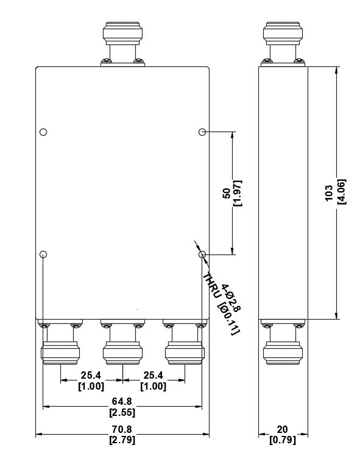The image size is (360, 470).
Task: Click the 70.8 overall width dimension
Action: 122,429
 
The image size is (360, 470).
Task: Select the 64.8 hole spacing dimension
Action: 122,401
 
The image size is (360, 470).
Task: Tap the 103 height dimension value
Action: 329,193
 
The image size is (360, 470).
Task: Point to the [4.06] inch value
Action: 341,192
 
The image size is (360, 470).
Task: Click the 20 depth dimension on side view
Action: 282,429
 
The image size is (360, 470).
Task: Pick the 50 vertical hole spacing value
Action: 227,194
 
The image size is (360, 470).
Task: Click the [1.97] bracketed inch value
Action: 238,193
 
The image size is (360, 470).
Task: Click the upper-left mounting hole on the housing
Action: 43,132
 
